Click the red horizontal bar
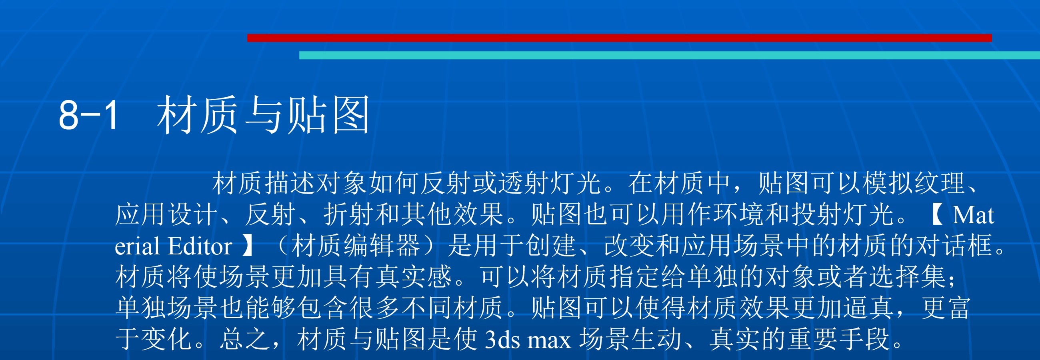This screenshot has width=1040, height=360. point(619,38)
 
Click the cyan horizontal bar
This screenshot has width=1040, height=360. point(669,55)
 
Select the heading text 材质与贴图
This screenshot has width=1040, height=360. point(263,115)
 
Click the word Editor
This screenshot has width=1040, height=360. point(200,246)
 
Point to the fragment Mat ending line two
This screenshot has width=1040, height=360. point(973,215)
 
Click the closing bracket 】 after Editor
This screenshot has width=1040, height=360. point(247,246)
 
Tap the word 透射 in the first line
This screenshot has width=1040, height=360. point(524,183)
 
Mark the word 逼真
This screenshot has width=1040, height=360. point(868,308)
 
